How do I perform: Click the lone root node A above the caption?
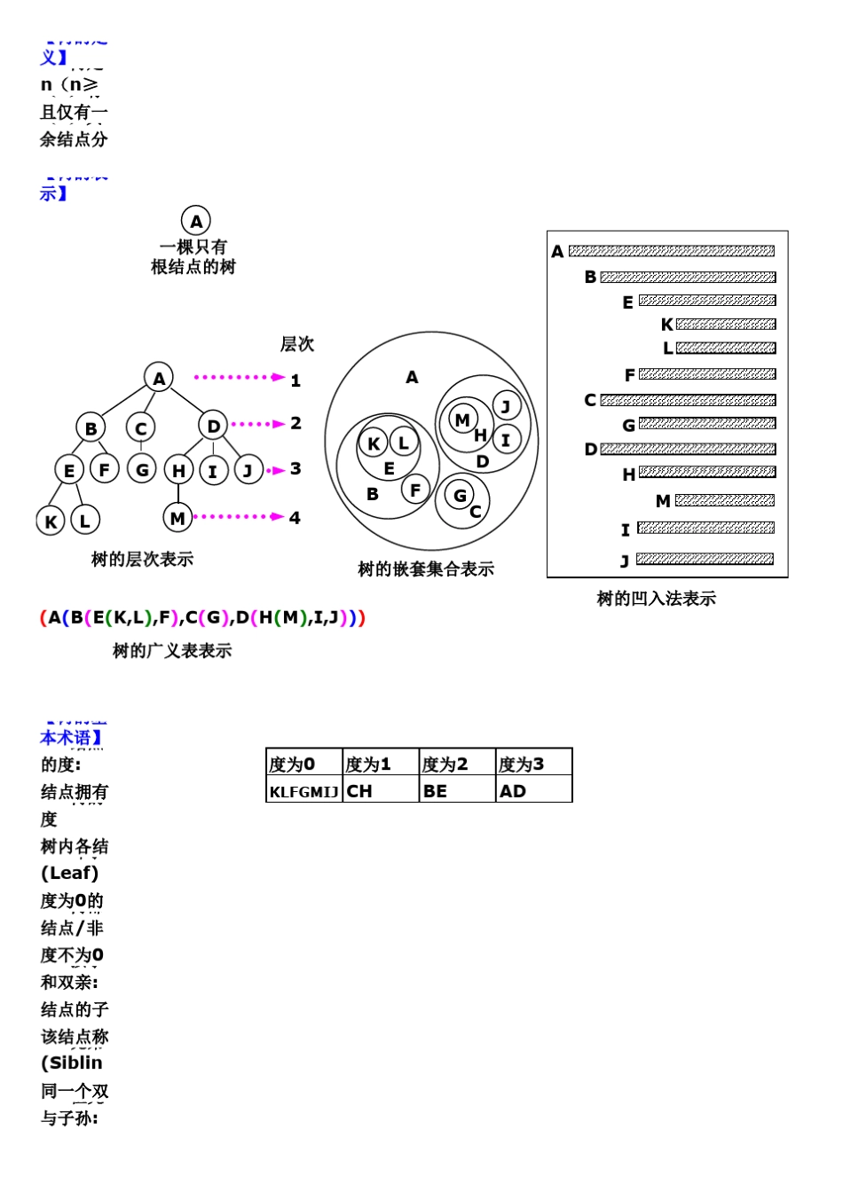196,221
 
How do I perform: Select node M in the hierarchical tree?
177,518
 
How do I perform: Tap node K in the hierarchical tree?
51,521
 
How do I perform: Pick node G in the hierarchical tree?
141,469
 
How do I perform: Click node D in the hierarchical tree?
213,426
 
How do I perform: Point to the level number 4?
295,518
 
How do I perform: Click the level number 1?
295,380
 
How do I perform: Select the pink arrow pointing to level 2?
258,424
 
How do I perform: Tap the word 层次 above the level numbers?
297,344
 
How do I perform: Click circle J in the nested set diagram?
506,406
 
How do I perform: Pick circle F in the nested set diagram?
415,489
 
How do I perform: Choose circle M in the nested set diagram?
461,420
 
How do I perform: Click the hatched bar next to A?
671,251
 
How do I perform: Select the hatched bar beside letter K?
726,325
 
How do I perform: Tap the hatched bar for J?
705,559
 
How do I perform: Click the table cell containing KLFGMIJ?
304,791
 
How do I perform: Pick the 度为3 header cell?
533,764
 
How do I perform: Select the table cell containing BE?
457,791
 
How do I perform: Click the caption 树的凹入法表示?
656,599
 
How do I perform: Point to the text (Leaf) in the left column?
70,873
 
